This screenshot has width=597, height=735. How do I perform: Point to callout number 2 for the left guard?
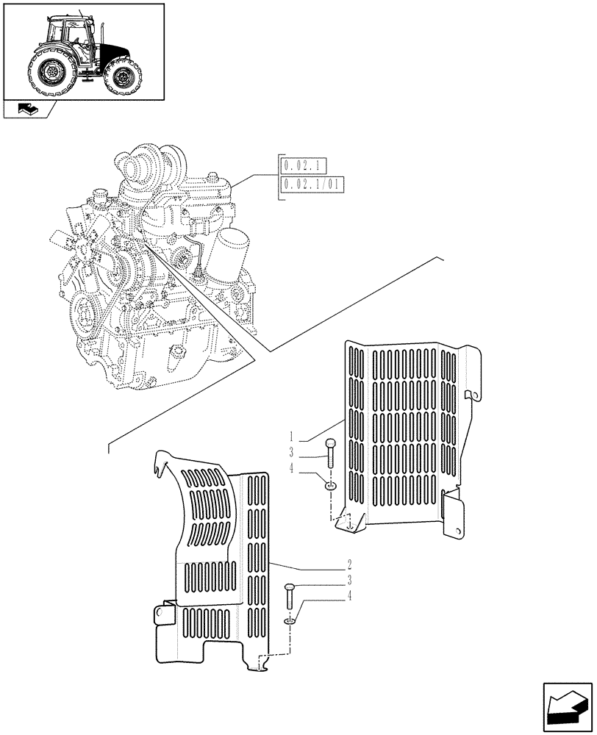click(349, 566)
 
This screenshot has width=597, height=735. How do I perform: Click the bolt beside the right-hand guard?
click(330, 451)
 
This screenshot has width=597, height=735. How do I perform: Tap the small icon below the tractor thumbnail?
click(28, 110)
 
